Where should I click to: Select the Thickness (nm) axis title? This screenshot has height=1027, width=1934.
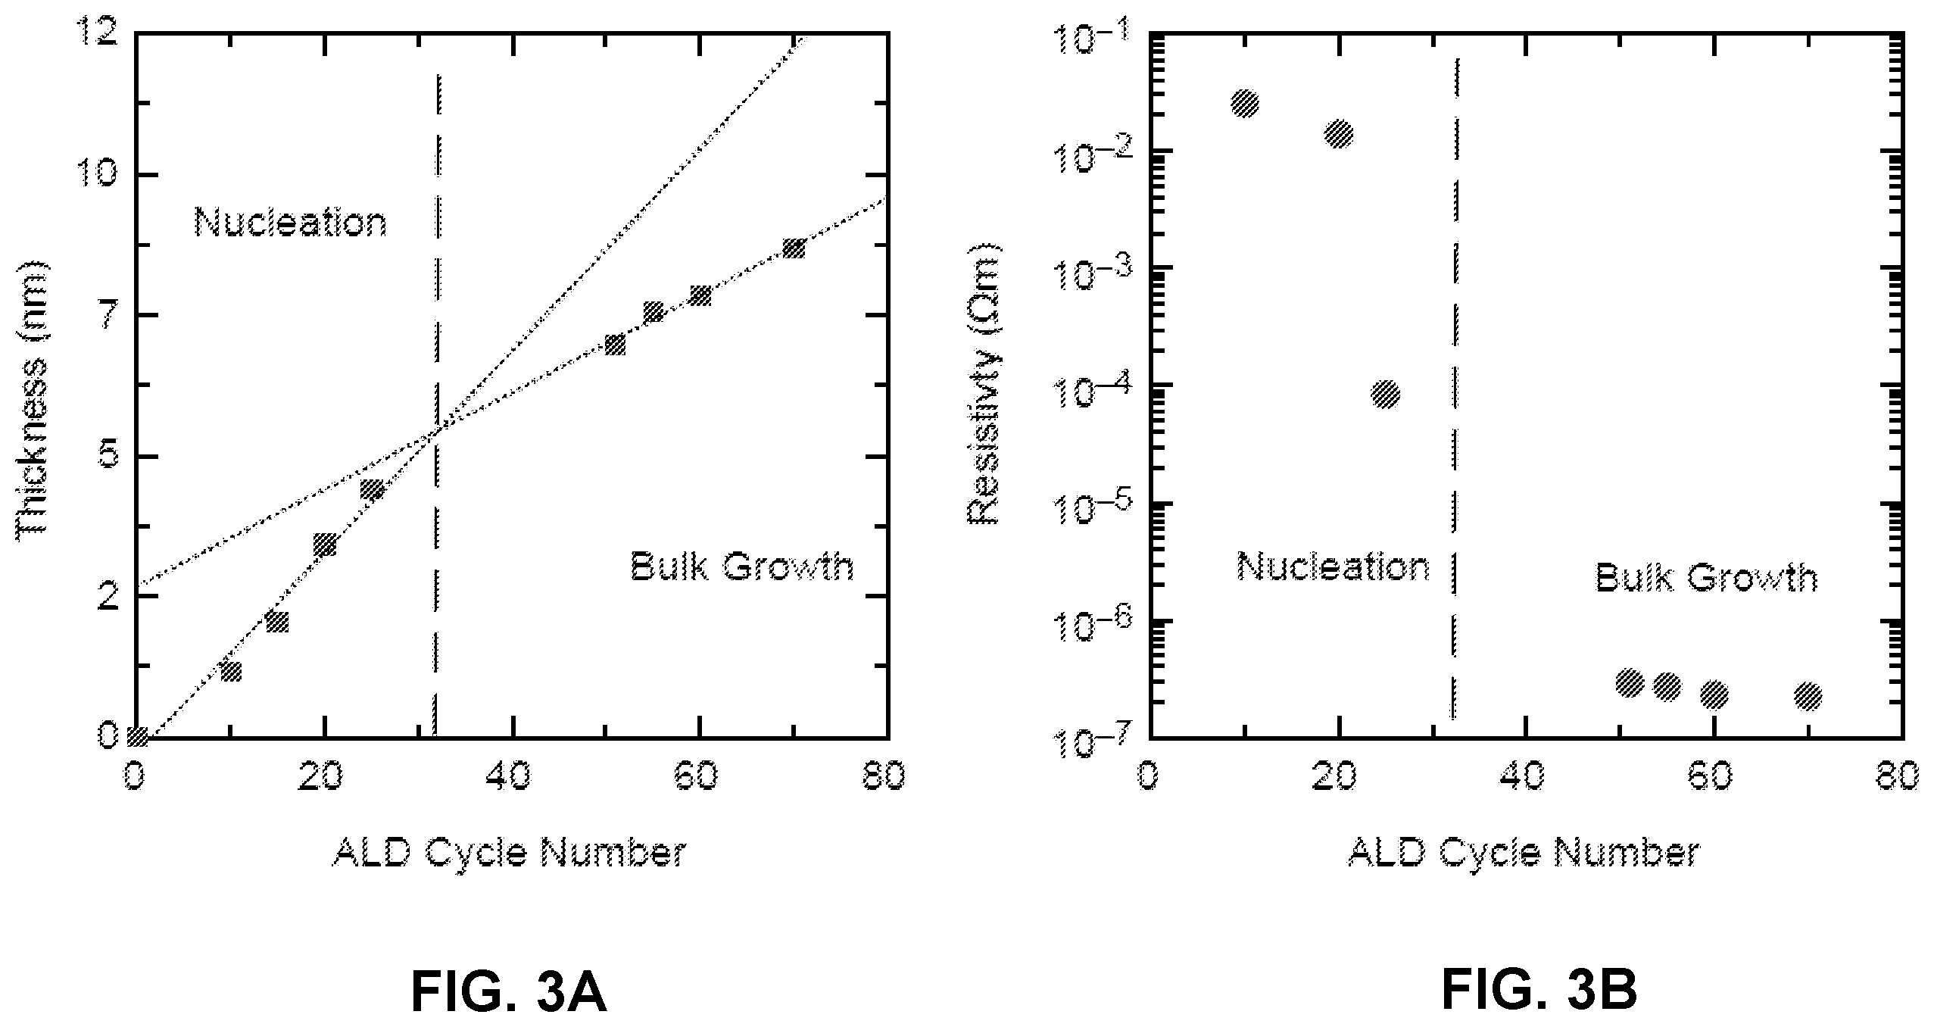[x=32, y=398]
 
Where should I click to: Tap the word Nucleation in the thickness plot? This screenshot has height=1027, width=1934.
[x=291, y=223]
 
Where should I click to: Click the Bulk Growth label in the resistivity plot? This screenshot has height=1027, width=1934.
[x=1706, y=578]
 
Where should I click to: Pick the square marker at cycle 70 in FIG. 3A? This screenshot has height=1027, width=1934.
[x=793, y=248]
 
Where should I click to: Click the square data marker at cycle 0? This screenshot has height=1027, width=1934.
[x=137, y=735]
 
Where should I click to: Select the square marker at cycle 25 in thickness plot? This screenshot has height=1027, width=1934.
[x=372, y=489]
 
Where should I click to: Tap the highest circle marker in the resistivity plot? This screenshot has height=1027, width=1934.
[x=1245, y=103]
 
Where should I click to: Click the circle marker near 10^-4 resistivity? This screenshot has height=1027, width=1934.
[x=1385, y=394]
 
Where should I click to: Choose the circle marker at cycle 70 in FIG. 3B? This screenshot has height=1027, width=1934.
[x=1808, y=696]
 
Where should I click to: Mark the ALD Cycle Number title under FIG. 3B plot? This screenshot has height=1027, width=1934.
[x=1524, y=853]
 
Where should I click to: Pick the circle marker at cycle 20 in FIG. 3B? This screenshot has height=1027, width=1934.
[x=1339, y=134]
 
